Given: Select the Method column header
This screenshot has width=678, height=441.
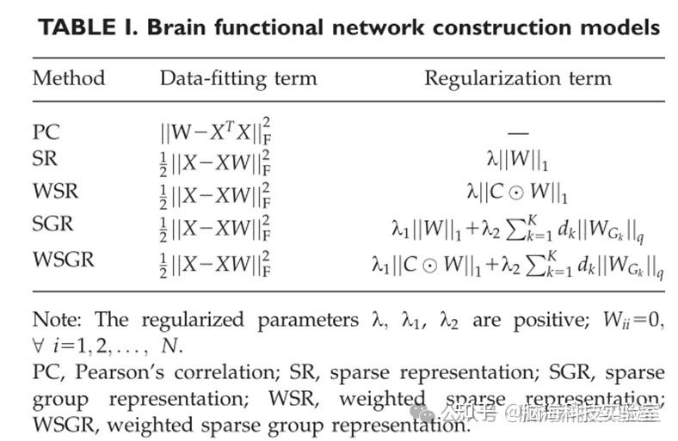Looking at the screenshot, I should pyautogui.click(x=68, y=78).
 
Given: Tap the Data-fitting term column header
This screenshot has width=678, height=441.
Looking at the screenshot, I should pyautogui.click(x=238, y=78).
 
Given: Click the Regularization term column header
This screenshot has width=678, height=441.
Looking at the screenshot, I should pyautogui.click(x=517, y=78).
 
